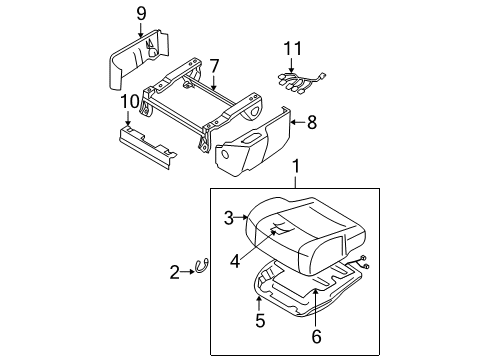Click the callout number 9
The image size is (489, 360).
(x=141, y=14)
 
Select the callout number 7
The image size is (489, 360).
(x=214, y=66)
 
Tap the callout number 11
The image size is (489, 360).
(x=292, y=49)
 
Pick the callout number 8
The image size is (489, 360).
(x=312, y=123)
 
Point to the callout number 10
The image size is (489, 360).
(x=130, y=102)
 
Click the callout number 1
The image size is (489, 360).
(x=296, y=166)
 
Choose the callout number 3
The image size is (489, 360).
(x=229, y=218)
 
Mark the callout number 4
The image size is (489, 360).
(x=235, y=261)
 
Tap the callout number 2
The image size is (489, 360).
(x=174, y=272)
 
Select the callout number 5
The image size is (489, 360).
(x=260, y=320)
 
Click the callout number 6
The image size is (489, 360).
(x=316, y=336)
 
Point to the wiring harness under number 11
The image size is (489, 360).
(x=301, y=82)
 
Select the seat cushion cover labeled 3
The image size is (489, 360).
(x=305, y=233)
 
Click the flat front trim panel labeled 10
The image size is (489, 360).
(x=148, y=147)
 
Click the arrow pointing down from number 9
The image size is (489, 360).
(x=141, y=30)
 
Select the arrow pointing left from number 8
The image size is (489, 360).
(x=297, y=123)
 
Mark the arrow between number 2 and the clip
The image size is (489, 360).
(x=188, y=272)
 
